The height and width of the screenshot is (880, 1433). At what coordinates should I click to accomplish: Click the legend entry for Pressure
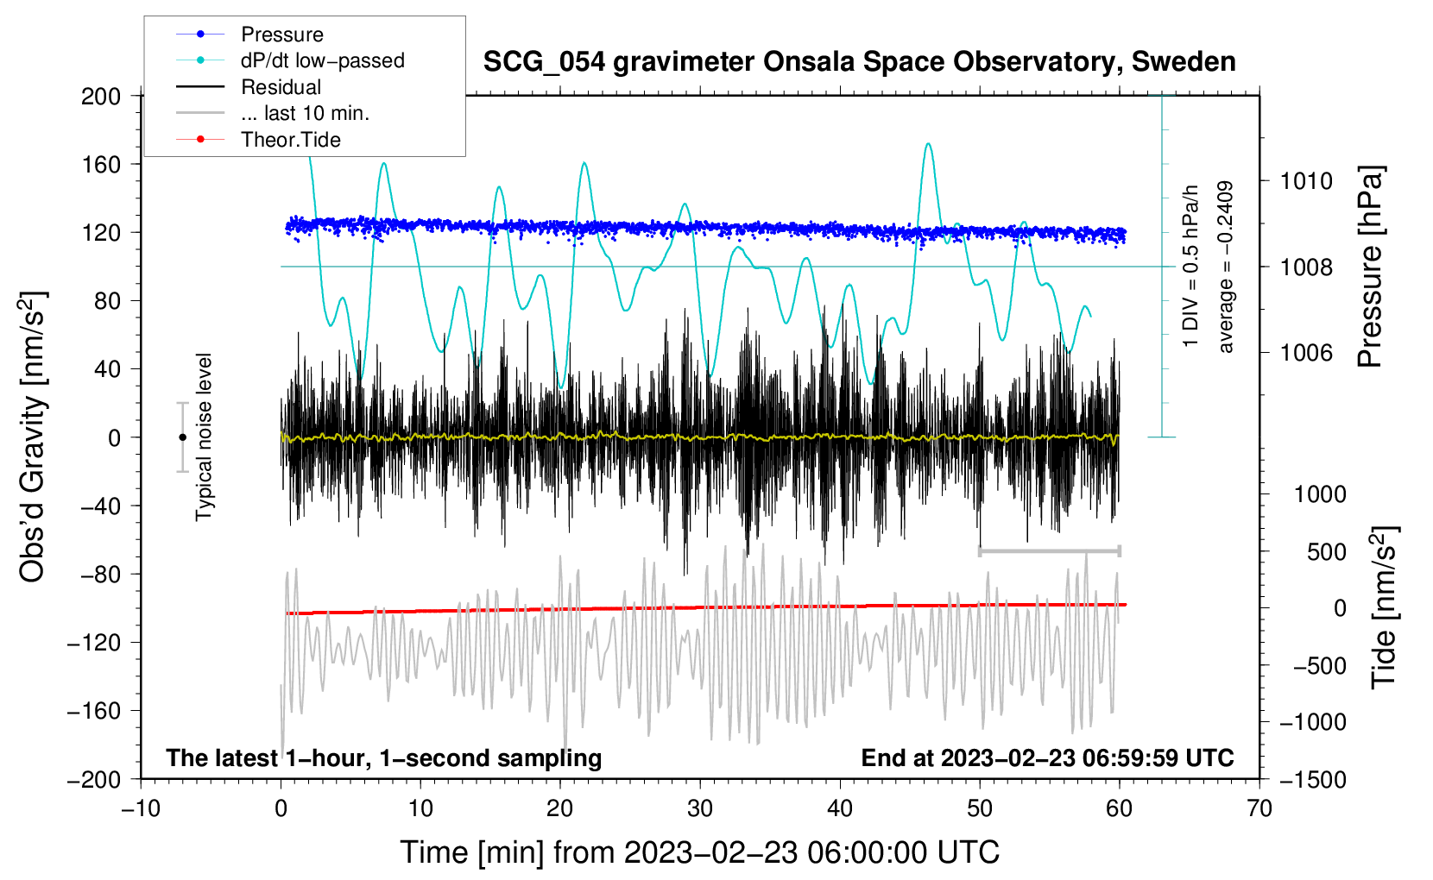(281, 35)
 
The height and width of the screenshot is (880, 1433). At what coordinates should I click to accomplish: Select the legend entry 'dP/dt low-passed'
(322, 60)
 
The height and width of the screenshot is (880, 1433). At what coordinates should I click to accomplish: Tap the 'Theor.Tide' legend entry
(290, 140)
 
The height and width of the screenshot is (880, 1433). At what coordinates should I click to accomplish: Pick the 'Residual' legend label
(281, 87)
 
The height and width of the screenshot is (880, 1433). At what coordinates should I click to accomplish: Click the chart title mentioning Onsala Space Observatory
(859, 62)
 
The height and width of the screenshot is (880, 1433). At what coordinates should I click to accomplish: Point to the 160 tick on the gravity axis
(101, 164)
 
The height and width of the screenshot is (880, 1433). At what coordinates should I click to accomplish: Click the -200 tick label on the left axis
(95, 779)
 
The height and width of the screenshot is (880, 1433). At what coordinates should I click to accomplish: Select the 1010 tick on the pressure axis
(1306, 181)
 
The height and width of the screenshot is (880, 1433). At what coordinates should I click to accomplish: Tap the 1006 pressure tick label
(1306, 352)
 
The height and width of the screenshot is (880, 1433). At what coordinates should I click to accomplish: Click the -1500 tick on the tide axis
(1312, 779)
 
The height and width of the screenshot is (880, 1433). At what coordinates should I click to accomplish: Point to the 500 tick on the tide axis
(1326, 551)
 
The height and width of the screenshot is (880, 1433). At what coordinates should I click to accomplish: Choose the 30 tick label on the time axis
(700, 808)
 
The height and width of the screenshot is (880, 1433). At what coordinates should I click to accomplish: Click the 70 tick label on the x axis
(1259, 808)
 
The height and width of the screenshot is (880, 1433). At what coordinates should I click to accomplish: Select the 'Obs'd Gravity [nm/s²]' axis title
(33, 437)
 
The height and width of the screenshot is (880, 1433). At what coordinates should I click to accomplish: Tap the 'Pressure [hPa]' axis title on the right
(1370, 267)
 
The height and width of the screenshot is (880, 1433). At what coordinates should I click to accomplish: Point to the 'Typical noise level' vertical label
(204, 437)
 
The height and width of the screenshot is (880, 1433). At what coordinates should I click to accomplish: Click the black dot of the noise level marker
(182, 437)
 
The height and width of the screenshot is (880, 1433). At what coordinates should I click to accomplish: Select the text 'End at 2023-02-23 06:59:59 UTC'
(1047, 757)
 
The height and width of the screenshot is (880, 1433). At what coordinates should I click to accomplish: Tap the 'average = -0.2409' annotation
(1225, 267)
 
